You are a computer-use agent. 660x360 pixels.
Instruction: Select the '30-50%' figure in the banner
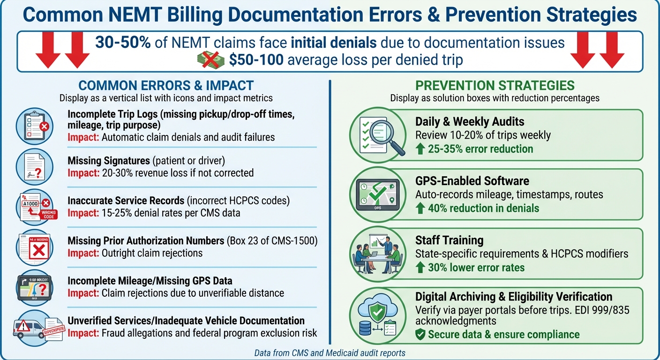point(123,43)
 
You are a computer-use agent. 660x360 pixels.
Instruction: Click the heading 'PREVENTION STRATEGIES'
point(495,85)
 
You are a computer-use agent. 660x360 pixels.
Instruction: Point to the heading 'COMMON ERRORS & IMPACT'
point(166,85)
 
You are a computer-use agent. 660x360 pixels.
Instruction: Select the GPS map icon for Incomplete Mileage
point(34,287)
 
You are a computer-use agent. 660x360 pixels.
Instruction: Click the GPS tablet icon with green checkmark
point(377,193)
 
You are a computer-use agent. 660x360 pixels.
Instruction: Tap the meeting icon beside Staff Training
point(377,253)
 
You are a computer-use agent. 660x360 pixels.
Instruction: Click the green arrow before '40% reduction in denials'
point(420,208)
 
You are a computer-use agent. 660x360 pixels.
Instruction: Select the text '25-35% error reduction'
point(480,149)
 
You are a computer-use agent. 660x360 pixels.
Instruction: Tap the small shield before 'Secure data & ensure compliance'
point(420,334)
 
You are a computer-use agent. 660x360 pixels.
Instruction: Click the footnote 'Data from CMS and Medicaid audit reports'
point(330,352)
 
